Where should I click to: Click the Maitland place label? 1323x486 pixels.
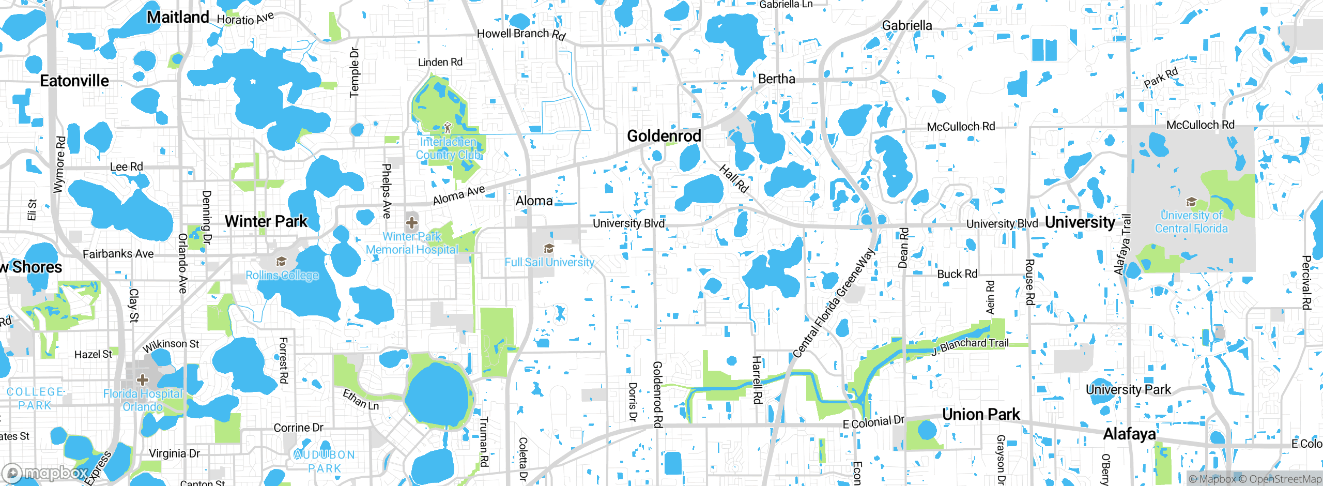(178, 17)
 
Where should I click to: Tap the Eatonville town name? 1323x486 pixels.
(74, 81)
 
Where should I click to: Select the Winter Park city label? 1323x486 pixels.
(266, 221)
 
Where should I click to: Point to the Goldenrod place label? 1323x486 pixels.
(664, 136)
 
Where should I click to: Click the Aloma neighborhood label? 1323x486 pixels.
(534, 201)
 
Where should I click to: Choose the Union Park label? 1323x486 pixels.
(981, 414)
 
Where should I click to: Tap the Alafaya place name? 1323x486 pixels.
(1129, 434)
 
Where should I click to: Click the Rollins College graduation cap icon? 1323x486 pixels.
(281, 262)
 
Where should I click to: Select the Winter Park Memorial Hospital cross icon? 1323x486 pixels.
(412, 223)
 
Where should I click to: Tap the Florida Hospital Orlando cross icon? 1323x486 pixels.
(143, 380)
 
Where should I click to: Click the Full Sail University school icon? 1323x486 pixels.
(549, 249)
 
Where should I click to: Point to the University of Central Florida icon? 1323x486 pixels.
(1191, 202)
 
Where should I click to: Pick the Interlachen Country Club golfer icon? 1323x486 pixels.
(448, 128)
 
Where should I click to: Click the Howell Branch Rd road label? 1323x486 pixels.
(521, 34)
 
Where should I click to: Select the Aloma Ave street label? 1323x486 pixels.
(459, 194)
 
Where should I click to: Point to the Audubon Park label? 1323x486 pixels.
(325, 461)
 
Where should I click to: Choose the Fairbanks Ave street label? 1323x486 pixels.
(118, 254)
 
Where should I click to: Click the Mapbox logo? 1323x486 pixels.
(45, 473)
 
